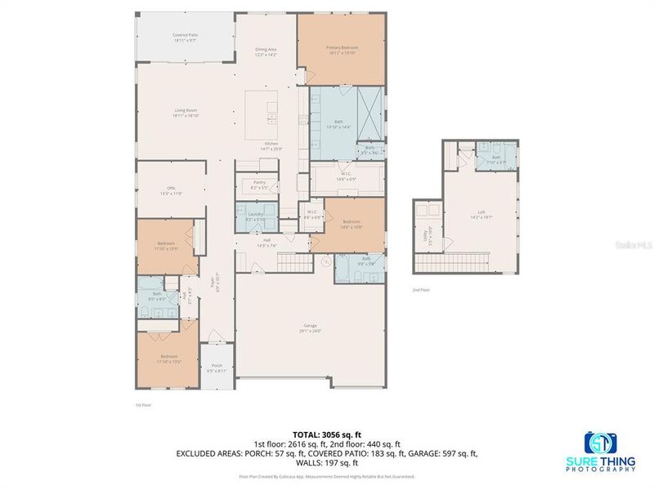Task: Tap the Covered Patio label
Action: [185, 38]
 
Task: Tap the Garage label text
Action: [310, 328]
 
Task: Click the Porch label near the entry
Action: [217, 367]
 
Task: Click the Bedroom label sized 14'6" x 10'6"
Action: [352, 225]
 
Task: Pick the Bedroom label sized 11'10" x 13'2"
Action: [169, 359]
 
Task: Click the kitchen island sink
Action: [271, 118]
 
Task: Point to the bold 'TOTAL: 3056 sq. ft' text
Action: [327, 434]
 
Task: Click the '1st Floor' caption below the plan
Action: [144, 404]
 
